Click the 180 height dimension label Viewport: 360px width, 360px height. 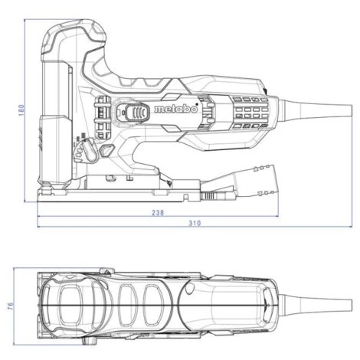[22, 110]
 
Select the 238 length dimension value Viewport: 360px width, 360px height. [158, 212]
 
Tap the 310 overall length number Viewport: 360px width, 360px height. [195, 224]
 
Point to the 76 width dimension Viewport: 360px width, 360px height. [10, 306]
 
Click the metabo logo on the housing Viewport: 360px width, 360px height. [176, 110]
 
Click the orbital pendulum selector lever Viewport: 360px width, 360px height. [90, 151]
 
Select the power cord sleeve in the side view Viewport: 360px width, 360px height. [316, 110]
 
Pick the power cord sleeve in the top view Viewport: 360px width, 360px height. [316, 306]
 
